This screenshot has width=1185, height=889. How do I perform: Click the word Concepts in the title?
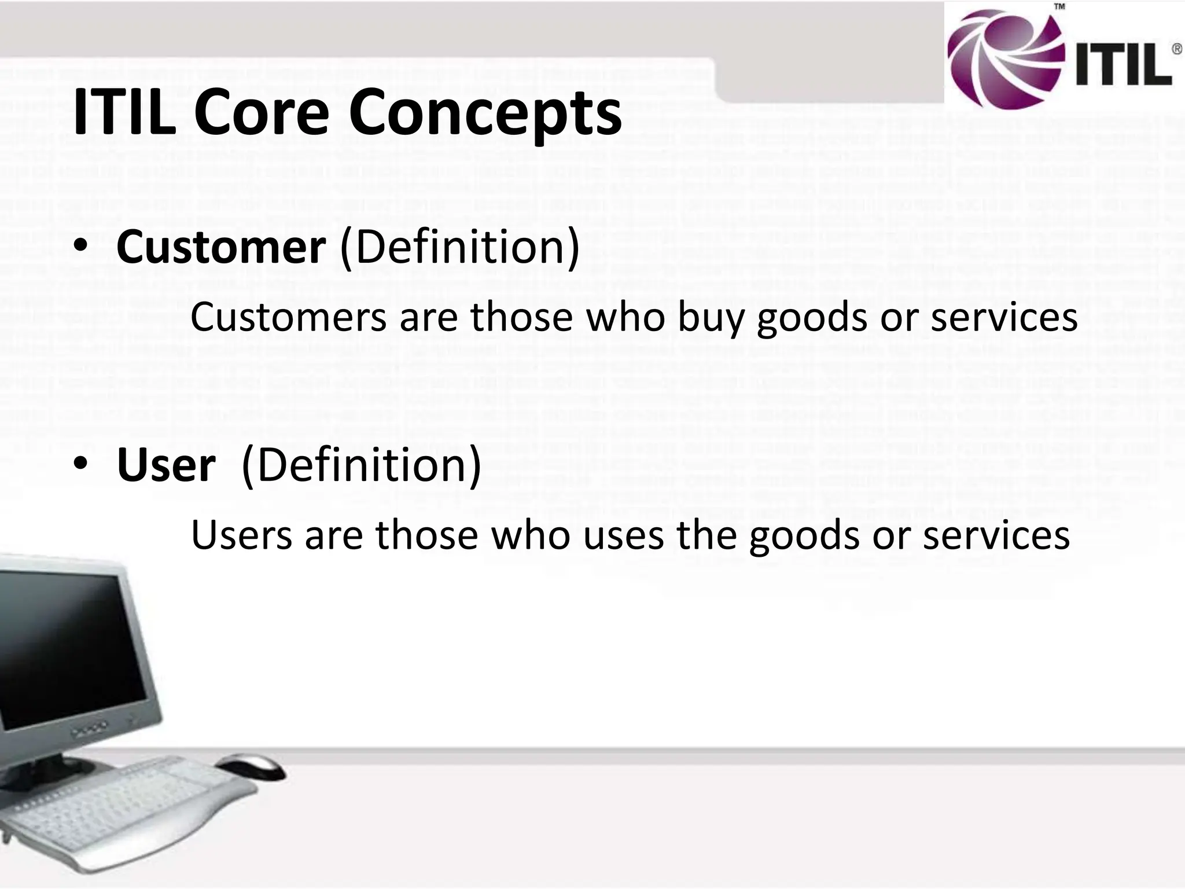[485, 113]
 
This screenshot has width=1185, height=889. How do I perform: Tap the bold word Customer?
[220, 247]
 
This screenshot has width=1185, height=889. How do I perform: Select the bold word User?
[165, 466]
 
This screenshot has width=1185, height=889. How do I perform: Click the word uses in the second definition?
[624, 535]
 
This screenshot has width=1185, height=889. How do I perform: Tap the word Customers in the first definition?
[288, 318]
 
